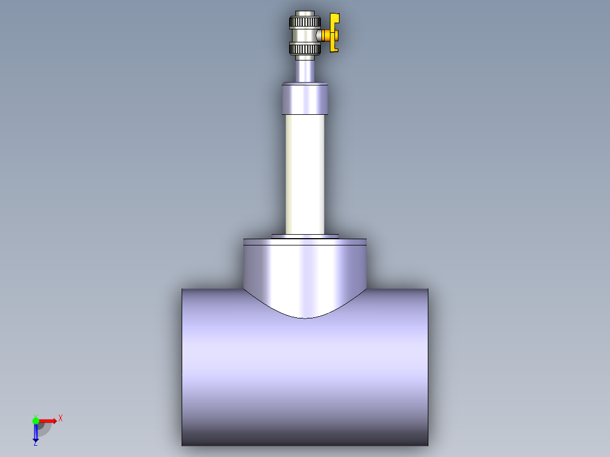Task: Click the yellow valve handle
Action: (334, 34)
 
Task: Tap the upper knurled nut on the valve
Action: (305, 23)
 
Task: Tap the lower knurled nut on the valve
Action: (305, 49)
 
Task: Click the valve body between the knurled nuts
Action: (304, 36)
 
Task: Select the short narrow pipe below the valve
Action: (305, 70)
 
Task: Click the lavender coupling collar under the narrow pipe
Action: (305, 99)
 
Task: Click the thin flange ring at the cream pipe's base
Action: (305, 236)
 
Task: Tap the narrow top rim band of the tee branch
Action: (305, 242)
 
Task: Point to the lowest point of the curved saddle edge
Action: (305, 318)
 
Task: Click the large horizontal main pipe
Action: (305, 379)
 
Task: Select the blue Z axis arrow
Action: (36, 433)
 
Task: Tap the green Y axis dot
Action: (36, 420)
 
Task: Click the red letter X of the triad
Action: (61, 419)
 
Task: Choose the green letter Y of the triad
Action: (35, 415)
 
